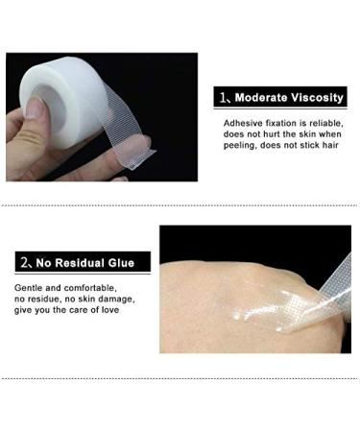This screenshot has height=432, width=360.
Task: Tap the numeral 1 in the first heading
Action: click(x=221, y=99)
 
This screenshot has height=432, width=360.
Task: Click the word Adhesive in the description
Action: click(x=243, y=125)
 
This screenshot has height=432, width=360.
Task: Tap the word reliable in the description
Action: click(x=324, y=125)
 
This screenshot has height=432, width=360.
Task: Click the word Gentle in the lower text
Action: click(x=29, y=288)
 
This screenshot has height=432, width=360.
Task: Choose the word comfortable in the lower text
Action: click(x=87, y=288)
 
